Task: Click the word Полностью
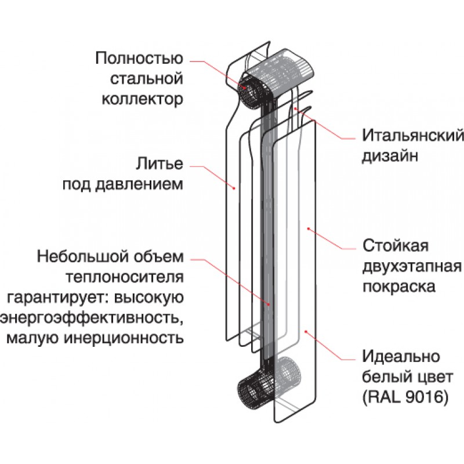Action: pos(139,59)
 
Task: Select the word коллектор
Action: pos(143,99)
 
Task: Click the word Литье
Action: pos(161,164)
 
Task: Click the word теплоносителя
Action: pos(133,277)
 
